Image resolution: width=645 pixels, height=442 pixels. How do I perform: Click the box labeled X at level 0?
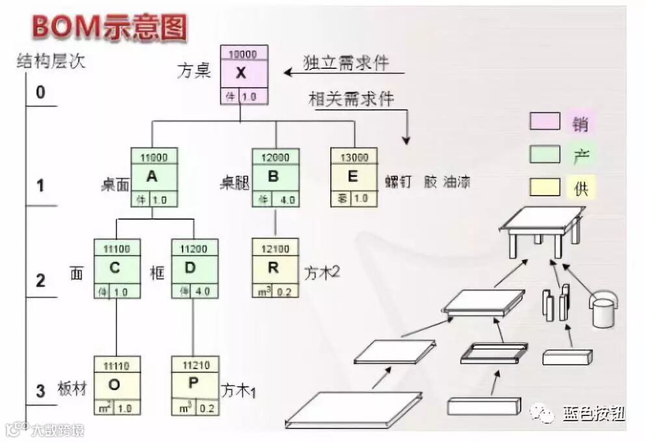pyautogui.click(x=241, y=74)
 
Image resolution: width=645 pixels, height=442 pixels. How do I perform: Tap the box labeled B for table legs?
pyautogui.click(x=276, y=177)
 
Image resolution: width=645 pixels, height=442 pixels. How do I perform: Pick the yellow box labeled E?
pyautogui.click(x=354, y=177)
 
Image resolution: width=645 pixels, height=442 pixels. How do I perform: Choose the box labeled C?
pyautogui.click(x=117, y=268)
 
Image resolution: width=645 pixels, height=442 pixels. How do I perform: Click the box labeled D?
pyautogui.click(x=194, y=268)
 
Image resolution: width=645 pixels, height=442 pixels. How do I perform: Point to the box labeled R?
pyautogui.click(x=275, y=268)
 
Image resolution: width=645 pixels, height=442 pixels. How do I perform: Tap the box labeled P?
pyautogui.click(x=194, y=385)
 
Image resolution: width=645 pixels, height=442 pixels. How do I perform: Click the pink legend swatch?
pyautogui.click(x=545, y=122)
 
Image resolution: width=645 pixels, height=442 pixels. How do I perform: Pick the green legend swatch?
pyautogui.click(x=545, y=155)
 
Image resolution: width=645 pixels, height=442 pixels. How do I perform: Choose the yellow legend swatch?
pyautogui.click(x=545, y=187)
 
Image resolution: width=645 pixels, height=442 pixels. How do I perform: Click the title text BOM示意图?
pyautogui.click(x=110, y=27)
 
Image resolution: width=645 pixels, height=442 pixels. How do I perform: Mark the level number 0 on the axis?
pyautogui.click(x=40, y=92)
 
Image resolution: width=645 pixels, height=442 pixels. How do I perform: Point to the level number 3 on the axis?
pyautogui.click(x=40, y=391)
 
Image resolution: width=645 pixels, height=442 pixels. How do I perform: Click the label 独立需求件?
pyautogui.click(x=346, y=62)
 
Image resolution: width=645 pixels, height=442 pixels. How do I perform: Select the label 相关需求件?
pyautogui.click(x=351, y=99)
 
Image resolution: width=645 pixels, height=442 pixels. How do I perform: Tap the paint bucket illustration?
pyautogui.click(x=603, y=308)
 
